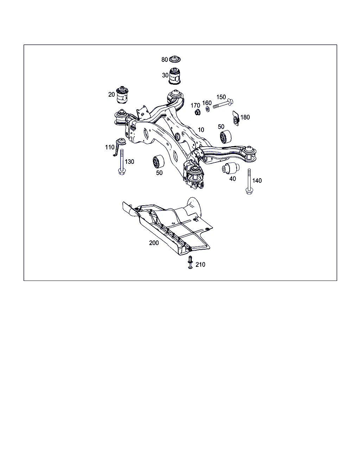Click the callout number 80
pos(165,60)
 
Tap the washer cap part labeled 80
pos(175,59)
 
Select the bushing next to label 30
pos(174,76)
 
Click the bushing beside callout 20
pos(122,95)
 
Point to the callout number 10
pos(201,130)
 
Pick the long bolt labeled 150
pos(223,104)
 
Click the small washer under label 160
pos(207,109)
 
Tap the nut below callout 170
pos(197,112)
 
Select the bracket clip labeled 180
pos(236,118)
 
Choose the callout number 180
pos(245,117)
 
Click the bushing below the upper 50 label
pos(226,137)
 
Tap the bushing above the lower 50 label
pos(159,161)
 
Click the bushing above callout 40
pos(231,168)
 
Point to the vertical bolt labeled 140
pos(249,181)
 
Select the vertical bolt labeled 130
pos(122,162)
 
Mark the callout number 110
pos(110,147)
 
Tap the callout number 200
pos(154,243)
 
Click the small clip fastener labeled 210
pos(190,262)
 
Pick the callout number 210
pos(200,264)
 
